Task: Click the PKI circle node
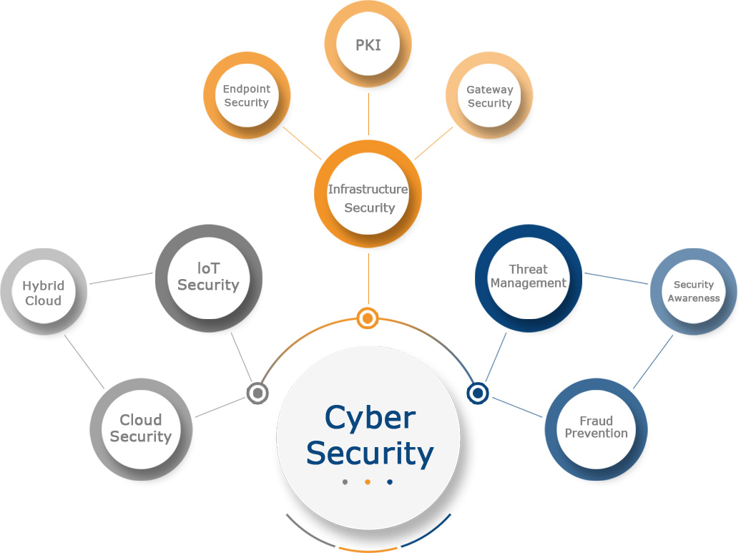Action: point(368,44)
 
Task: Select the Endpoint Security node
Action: point(246,96)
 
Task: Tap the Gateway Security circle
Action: point(489,97)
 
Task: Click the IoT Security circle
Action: point(208,278)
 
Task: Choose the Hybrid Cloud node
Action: point(43,293)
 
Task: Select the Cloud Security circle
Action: point(141,429)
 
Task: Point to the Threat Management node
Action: point(528,278)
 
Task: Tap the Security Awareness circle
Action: point(693,291)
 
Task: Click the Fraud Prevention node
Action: point(596,427)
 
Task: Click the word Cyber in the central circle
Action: point(370,418)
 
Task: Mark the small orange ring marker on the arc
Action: point(367,317)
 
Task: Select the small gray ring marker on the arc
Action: point(257,393)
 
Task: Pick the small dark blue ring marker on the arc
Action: point(477,393)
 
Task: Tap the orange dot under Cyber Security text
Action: point(367,482)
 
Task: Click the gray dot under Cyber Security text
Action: point(345,482)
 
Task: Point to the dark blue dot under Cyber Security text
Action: point(390,482)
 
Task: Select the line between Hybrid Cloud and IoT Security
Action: point(122,277)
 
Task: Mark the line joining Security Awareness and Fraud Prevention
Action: point(652,362)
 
